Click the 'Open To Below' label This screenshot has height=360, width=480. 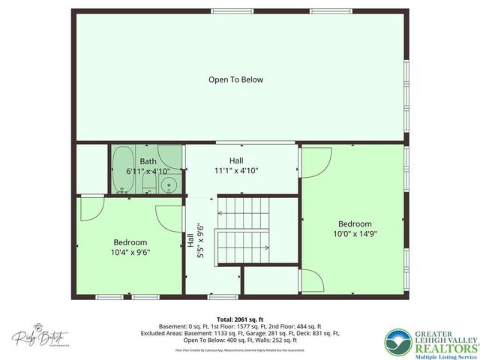[235, 79]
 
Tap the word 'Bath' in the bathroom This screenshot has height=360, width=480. [148, 161]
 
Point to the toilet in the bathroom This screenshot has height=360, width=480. [148, 184]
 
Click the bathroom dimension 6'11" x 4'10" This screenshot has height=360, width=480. [148, 172]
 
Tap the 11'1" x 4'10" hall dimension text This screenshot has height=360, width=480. [236, 170]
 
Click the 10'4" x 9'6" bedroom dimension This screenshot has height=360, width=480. [130, 253]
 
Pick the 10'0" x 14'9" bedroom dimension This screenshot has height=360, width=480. [354, 233]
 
